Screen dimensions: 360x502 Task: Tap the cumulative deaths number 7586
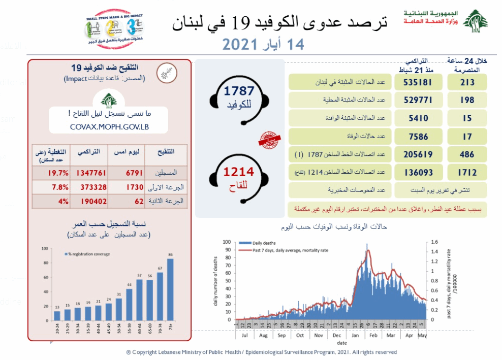[x=419, y=136]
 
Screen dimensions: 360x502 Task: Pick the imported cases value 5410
[x=419, y=118]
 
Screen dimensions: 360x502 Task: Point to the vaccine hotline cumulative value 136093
[x=419, y=173]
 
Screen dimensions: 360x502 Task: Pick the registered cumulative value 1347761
[x=87, y=173]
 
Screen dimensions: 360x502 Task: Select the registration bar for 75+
[x=171, y=289]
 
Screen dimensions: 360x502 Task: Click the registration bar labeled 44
[x=130, y=304]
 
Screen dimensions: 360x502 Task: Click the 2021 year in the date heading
[x=241, y=44]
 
